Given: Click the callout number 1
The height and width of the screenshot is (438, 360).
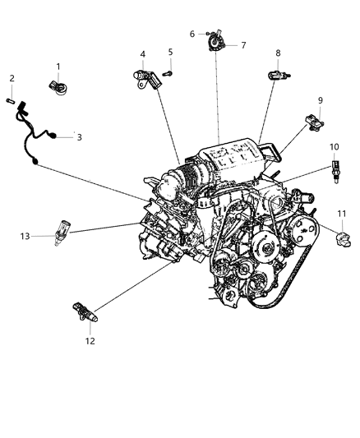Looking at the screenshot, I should [x=58, y=67].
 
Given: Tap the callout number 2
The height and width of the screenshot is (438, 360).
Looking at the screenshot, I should [x=12, y=79].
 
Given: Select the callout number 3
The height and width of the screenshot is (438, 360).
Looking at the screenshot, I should [x=80, y=137].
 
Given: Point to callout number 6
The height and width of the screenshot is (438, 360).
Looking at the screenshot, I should [x=192, y=34].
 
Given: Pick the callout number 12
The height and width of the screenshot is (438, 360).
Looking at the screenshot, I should [x=90, y=340].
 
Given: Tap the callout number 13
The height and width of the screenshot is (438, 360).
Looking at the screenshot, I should [x=25, y=236].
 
